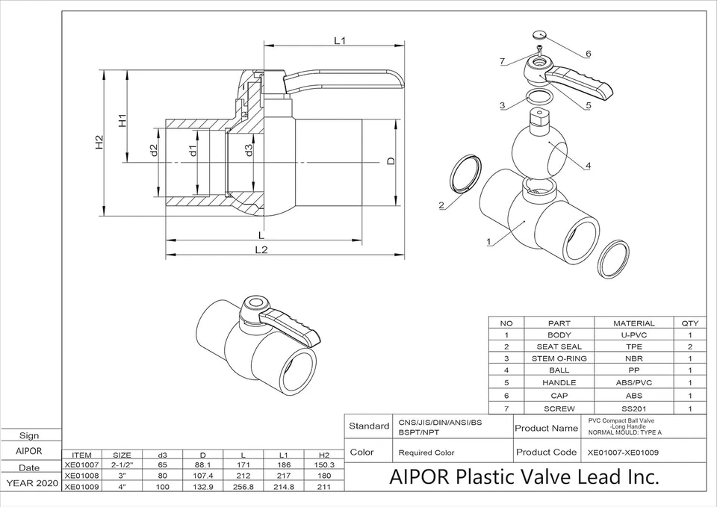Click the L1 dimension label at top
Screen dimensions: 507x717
click(x=339, y=41)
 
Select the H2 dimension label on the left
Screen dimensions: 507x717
click(x=99, y=143)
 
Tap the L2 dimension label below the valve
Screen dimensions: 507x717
click(x=261, y=249)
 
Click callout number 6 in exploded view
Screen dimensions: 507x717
click(x=588, y=54)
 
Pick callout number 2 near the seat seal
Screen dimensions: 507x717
click(x=441, y=205)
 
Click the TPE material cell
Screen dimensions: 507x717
click(x=633, y=346)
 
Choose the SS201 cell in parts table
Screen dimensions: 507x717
click(x=633, y=408)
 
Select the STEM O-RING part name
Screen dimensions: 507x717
click(x=559, y=358)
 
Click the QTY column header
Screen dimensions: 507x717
click(x=689, y=323)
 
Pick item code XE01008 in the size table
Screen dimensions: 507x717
click(x=81, y=475)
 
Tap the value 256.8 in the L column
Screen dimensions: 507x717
click(x=243, y=487)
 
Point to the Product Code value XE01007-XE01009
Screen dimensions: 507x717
click(x=623, y=452)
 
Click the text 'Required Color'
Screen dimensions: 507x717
click(x=426, y=452)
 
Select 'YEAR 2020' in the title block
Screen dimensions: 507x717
click(x=31, y=483)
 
